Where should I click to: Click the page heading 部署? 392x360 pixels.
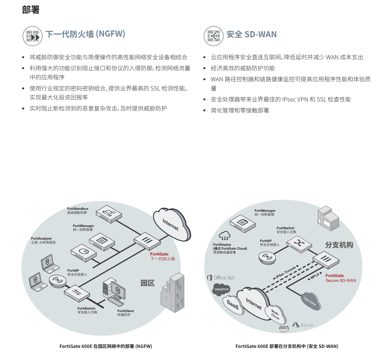point(31,10)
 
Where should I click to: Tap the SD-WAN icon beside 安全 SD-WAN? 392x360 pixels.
point(214,35)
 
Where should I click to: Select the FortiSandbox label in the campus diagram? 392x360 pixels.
point(78,209)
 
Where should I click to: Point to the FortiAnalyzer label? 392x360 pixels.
point(42,238)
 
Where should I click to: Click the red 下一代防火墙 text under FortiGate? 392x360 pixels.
point(162,259)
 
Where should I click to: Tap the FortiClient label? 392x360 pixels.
point(125,311)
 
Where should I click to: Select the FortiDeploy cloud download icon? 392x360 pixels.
point(224,236)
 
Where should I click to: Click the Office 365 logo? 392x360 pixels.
point(221,278)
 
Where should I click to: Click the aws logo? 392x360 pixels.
point(284,328)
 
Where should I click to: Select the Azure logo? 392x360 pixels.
point(303,325)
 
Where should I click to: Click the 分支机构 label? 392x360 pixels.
point(339,245)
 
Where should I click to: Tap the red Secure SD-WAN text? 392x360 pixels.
point(341,281)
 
